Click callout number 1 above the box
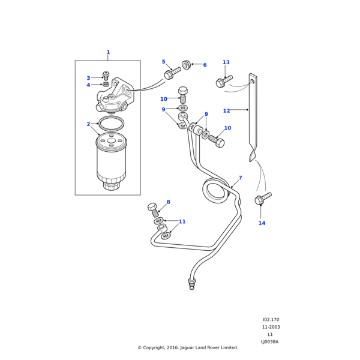coord(108,53)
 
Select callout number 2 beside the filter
coord(88,124)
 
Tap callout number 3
coord(88,78)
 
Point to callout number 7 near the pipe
coord(240,178)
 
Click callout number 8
coord(168,202)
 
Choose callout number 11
coord(182,221)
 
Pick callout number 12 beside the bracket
coord(226,110)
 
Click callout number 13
coord(226,62)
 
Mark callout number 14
coord(262,223)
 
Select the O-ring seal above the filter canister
coord(111,124)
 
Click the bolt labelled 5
coord(172,74)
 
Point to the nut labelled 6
coord(187,64)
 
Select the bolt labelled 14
coord(263,198)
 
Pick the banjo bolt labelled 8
coord(154,209)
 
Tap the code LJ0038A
coord(269,342)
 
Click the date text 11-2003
coord(271,327)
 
